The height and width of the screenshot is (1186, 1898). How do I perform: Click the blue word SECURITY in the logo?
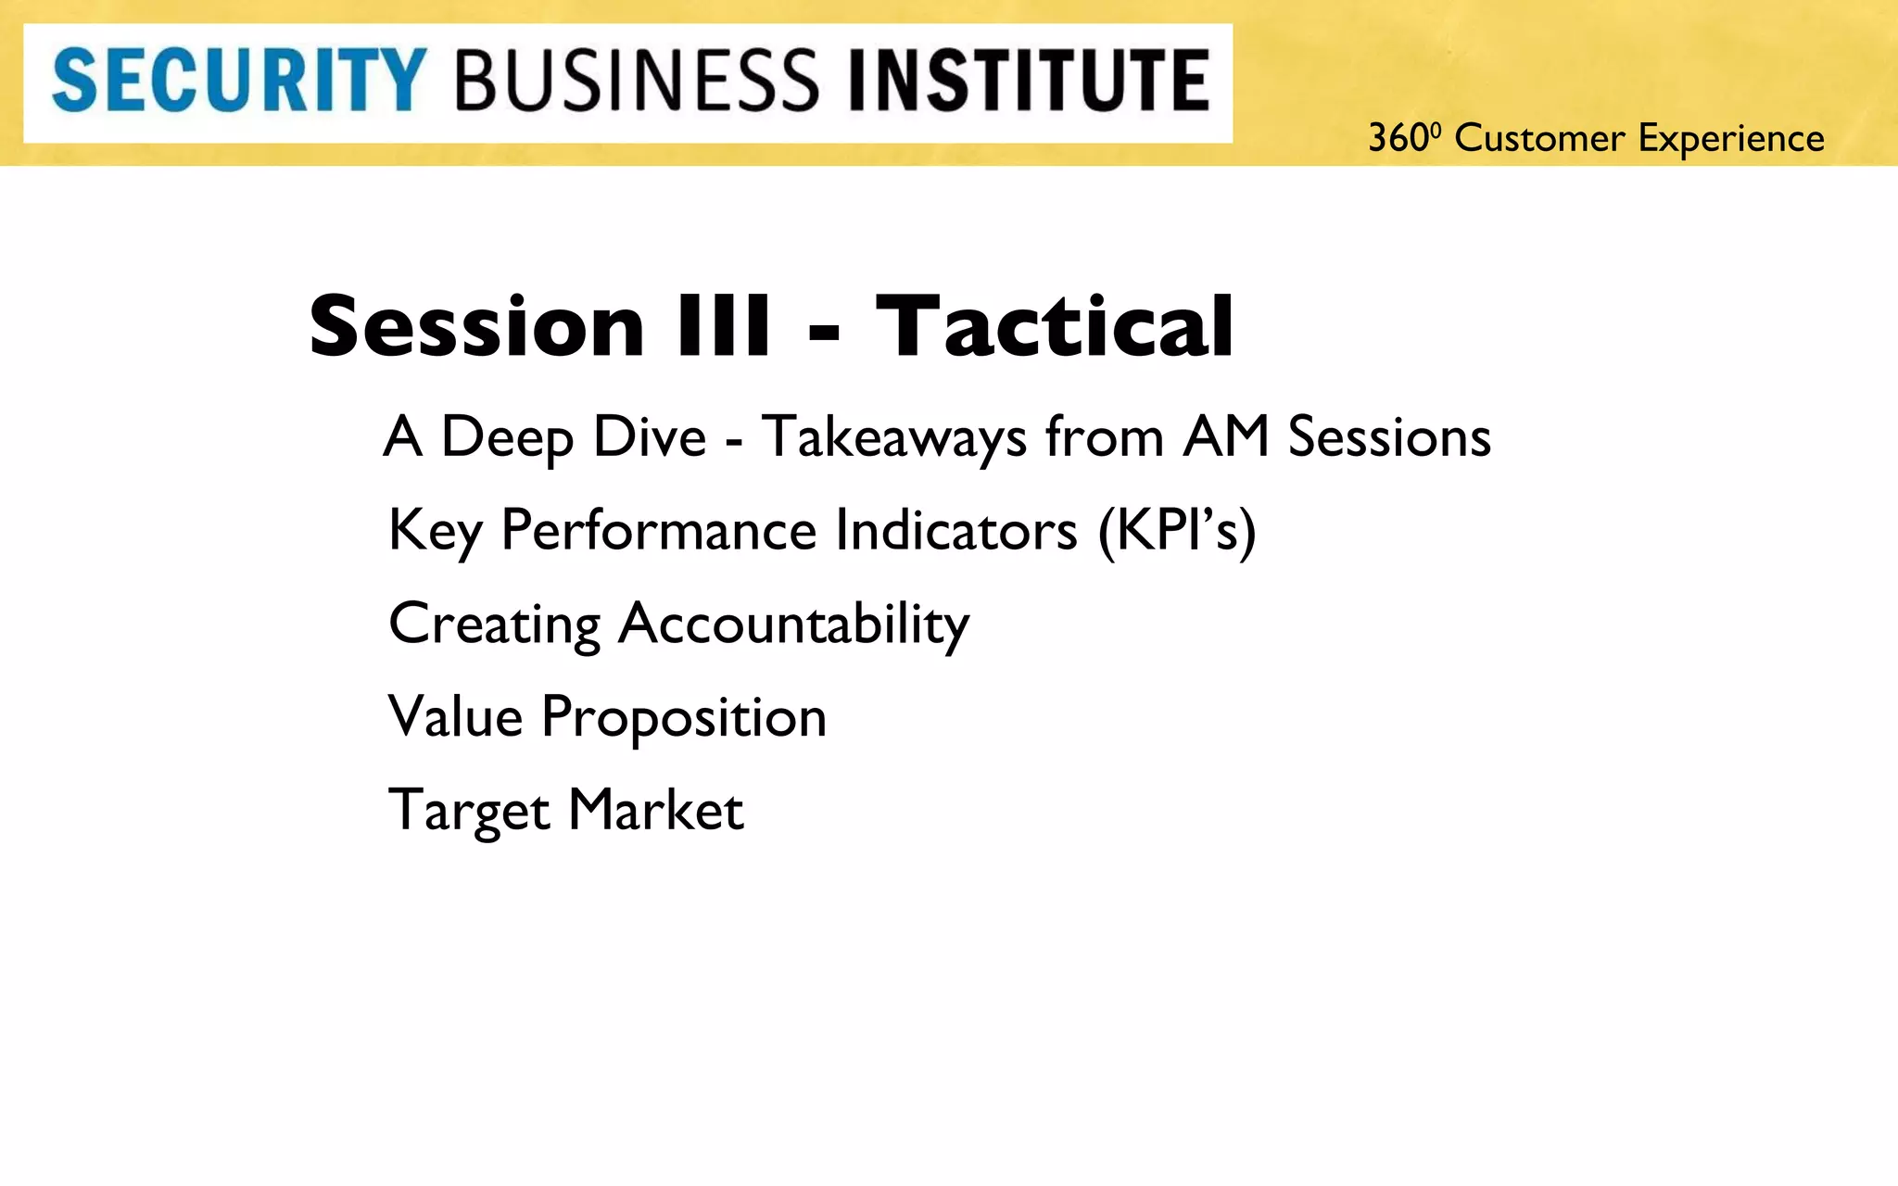click(x=238, y=81)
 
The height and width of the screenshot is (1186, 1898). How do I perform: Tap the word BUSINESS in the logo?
click(x=637, y=81)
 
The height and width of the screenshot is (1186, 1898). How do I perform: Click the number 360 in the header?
click(x=1398, y=139)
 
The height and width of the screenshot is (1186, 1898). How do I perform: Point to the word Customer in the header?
click(x=1539, y=139)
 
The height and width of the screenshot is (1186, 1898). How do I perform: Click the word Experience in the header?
click(x=1730, y=139)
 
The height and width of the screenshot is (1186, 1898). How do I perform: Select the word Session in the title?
click(x=476, y=326)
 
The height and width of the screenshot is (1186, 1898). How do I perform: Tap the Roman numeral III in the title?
click(x=724, y=326)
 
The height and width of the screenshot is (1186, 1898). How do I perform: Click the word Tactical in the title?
click(x=1055, y=326)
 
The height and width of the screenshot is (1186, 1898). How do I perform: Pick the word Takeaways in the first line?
click(x=893, y=437)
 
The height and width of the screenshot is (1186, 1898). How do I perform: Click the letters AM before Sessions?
click(x=1225, y=437)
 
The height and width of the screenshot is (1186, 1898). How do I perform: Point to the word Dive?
click(x=650, y=437)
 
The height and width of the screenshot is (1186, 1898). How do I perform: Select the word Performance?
click(x=658, y=531)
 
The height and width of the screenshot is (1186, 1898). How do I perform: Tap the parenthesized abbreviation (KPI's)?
click(x=1176, y=531)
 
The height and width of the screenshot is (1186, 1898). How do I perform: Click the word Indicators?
click(x=955, y=531)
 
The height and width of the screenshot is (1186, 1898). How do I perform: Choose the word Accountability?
click(x=792, y=625)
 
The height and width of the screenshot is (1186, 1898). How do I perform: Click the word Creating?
click(x=494, y=625)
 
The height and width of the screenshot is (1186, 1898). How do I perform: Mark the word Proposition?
click(x=683, y=718)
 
